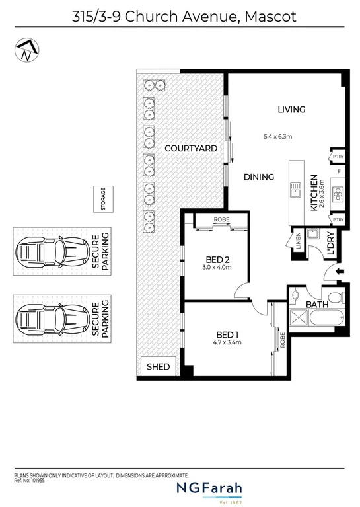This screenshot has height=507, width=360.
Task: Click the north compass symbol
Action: tap(26, 51)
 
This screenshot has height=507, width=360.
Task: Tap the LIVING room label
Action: tap(291, 109)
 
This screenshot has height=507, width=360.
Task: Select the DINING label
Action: tap(258, 176)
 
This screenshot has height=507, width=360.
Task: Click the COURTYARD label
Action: tap(191, 149)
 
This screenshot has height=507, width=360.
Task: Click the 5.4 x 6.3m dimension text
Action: tap(277, 137)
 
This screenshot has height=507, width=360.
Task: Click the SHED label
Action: tap(158, 366)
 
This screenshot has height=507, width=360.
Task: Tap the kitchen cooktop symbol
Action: tap(337, 194)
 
